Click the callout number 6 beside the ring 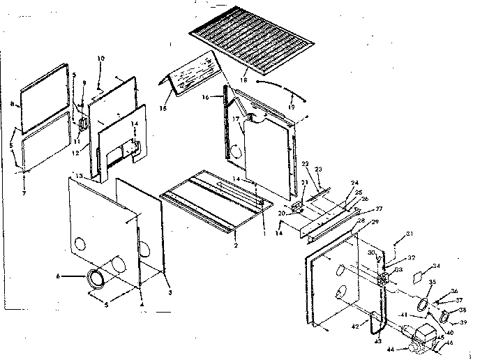click(x=59, y=277)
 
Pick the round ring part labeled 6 click(x=96, y=278)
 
